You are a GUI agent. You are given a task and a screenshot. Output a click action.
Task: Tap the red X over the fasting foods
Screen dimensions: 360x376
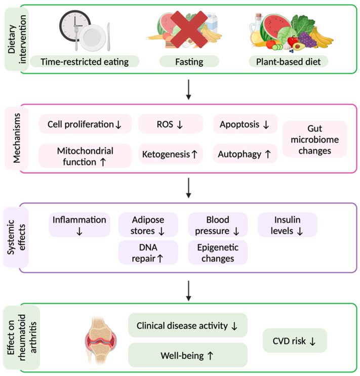click(x=189, y=29)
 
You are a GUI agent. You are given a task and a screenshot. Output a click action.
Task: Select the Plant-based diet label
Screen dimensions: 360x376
click(x=288, y=62)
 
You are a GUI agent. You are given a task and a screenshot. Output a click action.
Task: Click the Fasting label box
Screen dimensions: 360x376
click(x=189, y=62)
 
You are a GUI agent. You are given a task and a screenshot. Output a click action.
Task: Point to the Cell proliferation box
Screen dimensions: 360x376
click(x=85, y=124)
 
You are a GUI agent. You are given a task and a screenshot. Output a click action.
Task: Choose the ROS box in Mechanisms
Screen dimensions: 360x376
click(x=171, y=124)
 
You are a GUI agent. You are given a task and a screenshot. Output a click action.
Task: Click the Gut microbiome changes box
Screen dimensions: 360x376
click(x=314, y=139)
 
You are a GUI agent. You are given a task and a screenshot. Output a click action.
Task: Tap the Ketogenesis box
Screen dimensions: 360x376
click(x=171, y=154)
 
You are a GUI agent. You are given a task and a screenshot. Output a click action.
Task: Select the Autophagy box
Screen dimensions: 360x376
click(x=245, y=154)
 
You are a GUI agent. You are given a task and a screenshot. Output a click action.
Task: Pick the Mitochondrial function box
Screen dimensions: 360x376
click(x=85, y=156)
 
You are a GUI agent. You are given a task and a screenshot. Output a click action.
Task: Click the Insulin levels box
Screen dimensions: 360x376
click(x=287, y=225)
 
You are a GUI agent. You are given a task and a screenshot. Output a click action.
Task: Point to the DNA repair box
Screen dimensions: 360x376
click(x=148, y=252)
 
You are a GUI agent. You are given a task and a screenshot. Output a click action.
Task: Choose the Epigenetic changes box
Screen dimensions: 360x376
click(x=218, y=252)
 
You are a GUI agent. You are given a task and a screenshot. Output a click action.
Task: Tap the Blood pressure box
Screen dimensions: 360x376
click(x=218, y=225)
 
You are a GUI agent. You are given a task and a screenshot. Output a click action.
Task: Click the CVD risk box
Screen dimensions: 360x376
click(x=295, y=340)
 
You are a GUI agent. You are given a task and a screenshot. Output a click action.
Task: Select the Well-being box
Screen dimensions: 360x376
click(x=188, y=355)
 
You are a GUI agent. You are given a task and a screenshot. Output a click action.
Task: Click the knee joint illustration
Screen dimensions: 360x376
click(x=101, y=340)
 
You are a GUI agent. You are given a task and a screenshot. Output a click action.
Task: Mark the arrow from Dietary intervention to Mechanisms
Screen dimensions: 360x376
click(x=189, y=90)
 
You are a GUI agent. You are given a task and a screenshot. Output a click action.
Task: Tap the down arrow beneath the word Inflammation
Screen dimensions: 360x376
click(x=79, y=231)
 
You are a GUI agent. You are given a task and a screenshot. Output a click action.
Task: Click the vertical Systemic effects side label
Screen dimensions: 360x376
click(x=16, y=237)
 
